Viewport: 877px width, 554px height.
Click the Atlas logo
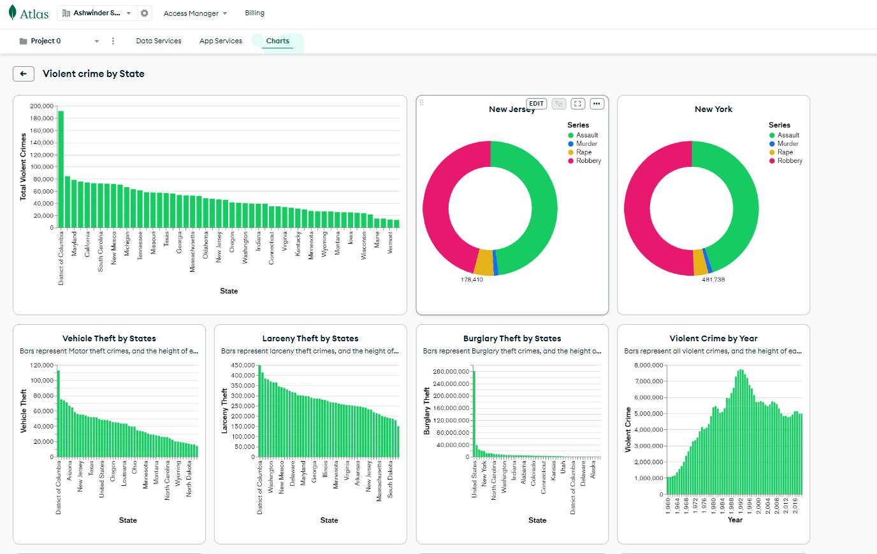coord(29,13)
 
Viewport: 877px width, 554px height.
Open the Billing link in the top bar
coord(254,13)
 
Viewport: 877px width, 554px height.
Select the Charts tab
coord(277,41)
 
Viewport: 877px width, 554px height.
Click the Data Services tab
coord(159,41)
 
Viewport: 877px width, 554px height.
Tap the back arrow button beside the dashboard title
coord(24,74)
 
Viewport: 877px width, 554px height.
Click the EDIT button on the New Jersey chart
coord(536,104)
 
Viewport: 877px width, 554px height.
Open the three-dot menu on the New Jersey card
coord(597,104)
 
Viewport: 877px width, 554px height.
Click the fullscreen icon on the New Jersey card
coord(577,104)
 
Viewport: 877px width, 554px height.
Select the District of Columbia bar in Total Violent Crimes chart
coord(61,169)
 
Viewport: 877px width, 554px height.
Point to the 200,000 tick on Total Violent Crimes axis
coord(41,106)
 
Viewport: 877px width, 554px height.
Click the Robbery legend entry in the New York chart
coord(789,161)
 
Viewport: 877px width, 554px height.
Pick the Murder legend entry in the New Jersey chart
coord(586,144)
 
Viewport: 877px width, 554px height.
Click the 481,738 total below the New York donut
coord(713,280)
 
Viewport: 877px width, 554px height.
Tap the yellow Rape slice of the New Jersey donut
coord(484,262)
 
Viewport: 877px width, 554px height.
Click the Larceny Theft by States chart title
coord(310,339)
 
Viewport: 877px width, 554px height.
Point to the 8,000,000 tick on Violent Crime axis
coord(649,366)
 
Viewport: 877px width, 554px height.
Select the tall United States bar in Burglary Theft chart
coord(474,414)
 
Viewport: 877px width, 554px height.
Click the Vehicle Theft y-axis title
coord(24,411)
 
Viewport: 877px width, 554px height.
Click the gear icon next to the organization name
coord(145,13)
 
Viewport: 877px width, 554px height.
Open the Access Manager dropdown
coord(195,13)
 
